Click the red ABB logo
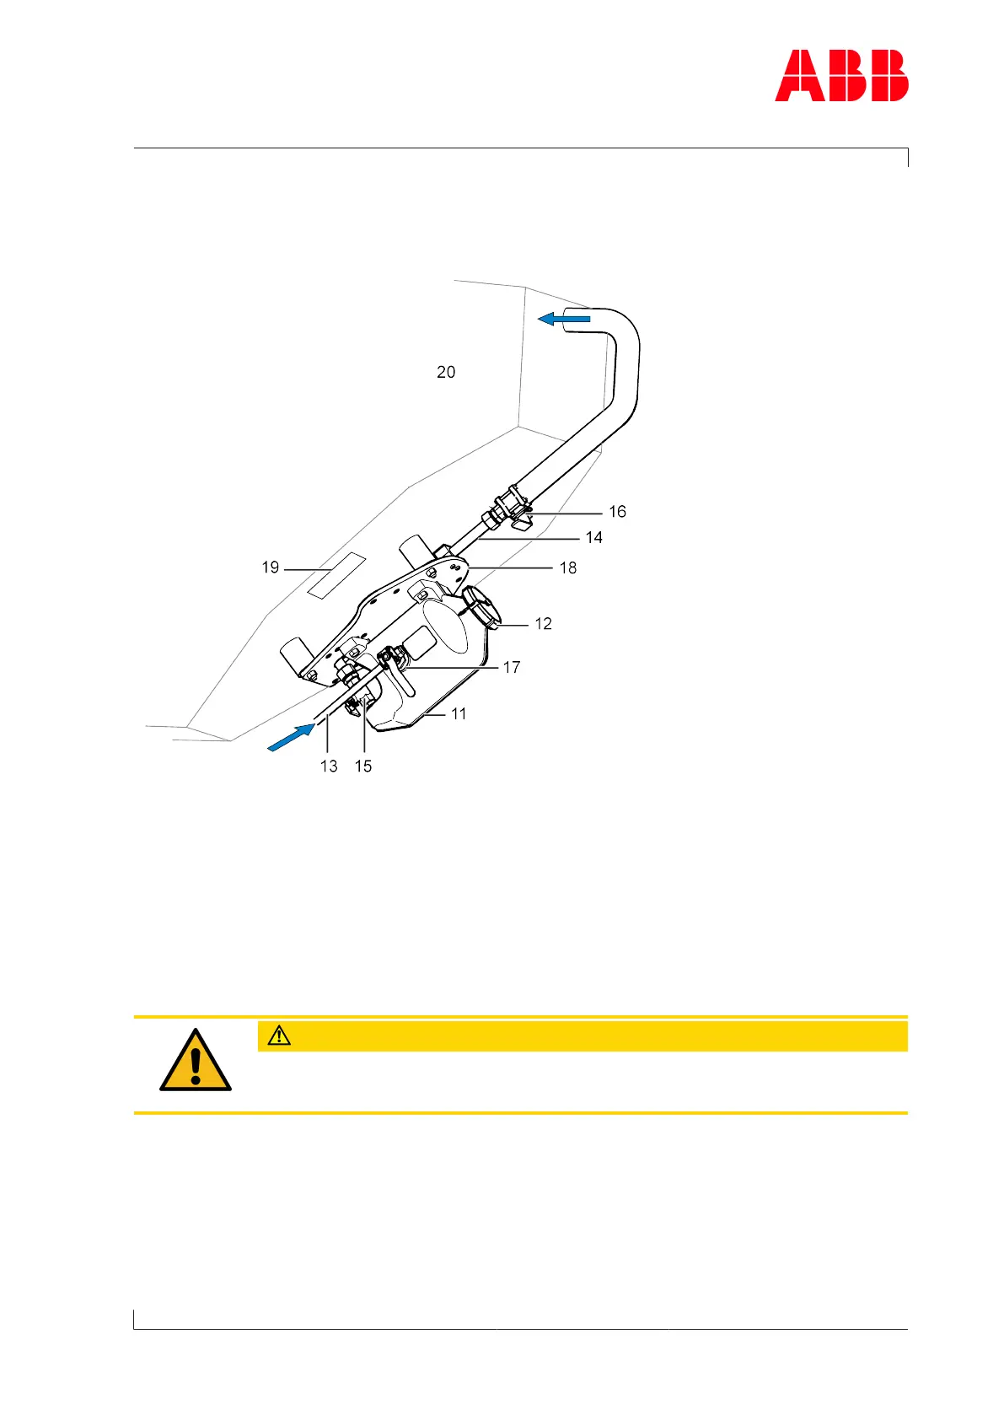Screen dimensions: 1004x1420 841,76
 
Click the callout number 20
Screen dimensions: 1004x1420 446,372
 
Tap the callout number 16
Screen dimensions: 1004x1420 617,512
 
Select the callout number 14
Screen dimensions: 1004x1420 593,538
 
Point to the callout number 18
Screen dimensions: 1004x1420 568,568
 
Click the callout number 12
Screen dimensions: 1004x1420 543,624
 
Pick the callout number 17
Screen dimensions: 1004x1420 511,668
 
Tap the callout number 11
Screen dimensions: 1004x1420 459,714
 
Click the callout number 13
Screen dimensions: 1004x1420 329,766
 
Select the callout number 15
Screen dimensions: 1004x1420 363,766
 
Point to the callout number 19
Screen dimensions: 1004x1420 271,567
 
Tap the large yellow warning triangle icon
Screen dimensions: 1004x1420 196,1061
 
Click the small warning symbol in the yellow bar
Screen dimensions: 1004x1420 279,1035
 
